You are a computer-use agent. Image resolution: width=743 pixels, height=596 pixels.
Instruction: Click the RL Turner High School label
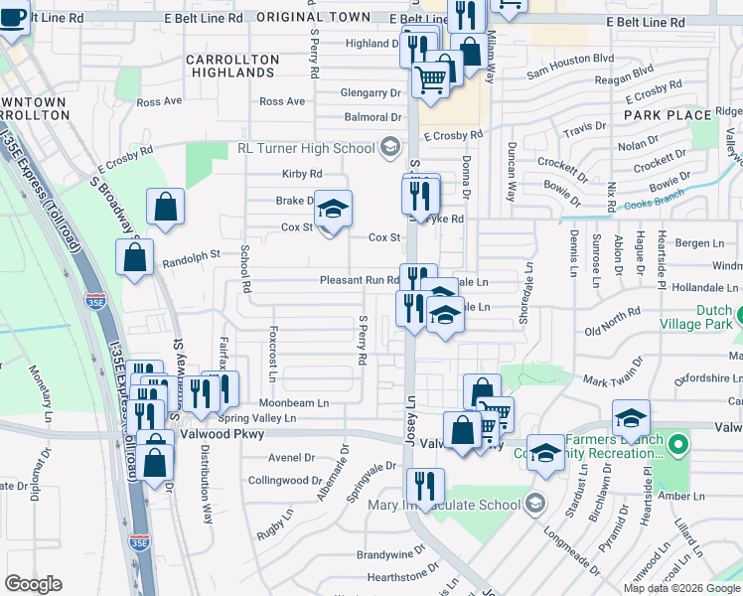point(305,149)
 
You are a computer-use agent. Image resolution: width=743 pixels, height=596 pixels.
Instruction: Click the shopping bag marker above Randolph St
point(166,207)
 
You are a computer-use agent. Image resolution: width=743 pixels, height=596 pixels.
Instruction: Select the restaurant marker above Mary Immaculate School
point(425,487)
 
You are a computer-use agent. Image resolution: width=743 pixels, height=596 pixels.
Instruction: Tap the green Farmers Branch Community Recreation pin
point(679,443)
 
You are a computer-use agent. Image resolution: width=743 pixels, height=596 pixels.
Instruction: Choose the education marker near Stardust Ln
point(544,453)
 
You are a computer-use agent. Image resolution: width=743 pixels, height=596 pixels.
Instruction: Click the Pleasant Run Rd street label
point(359,281)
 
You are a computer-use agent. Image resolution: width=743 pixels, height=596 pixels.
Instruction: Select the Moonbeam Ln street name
point(294,403)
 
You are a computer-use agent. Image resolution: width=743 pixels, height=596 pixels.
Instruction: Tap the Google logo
point(33,584)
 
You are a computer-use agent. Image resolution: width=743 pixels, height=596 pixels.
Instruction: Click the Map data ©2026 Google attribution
point(680,588)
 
